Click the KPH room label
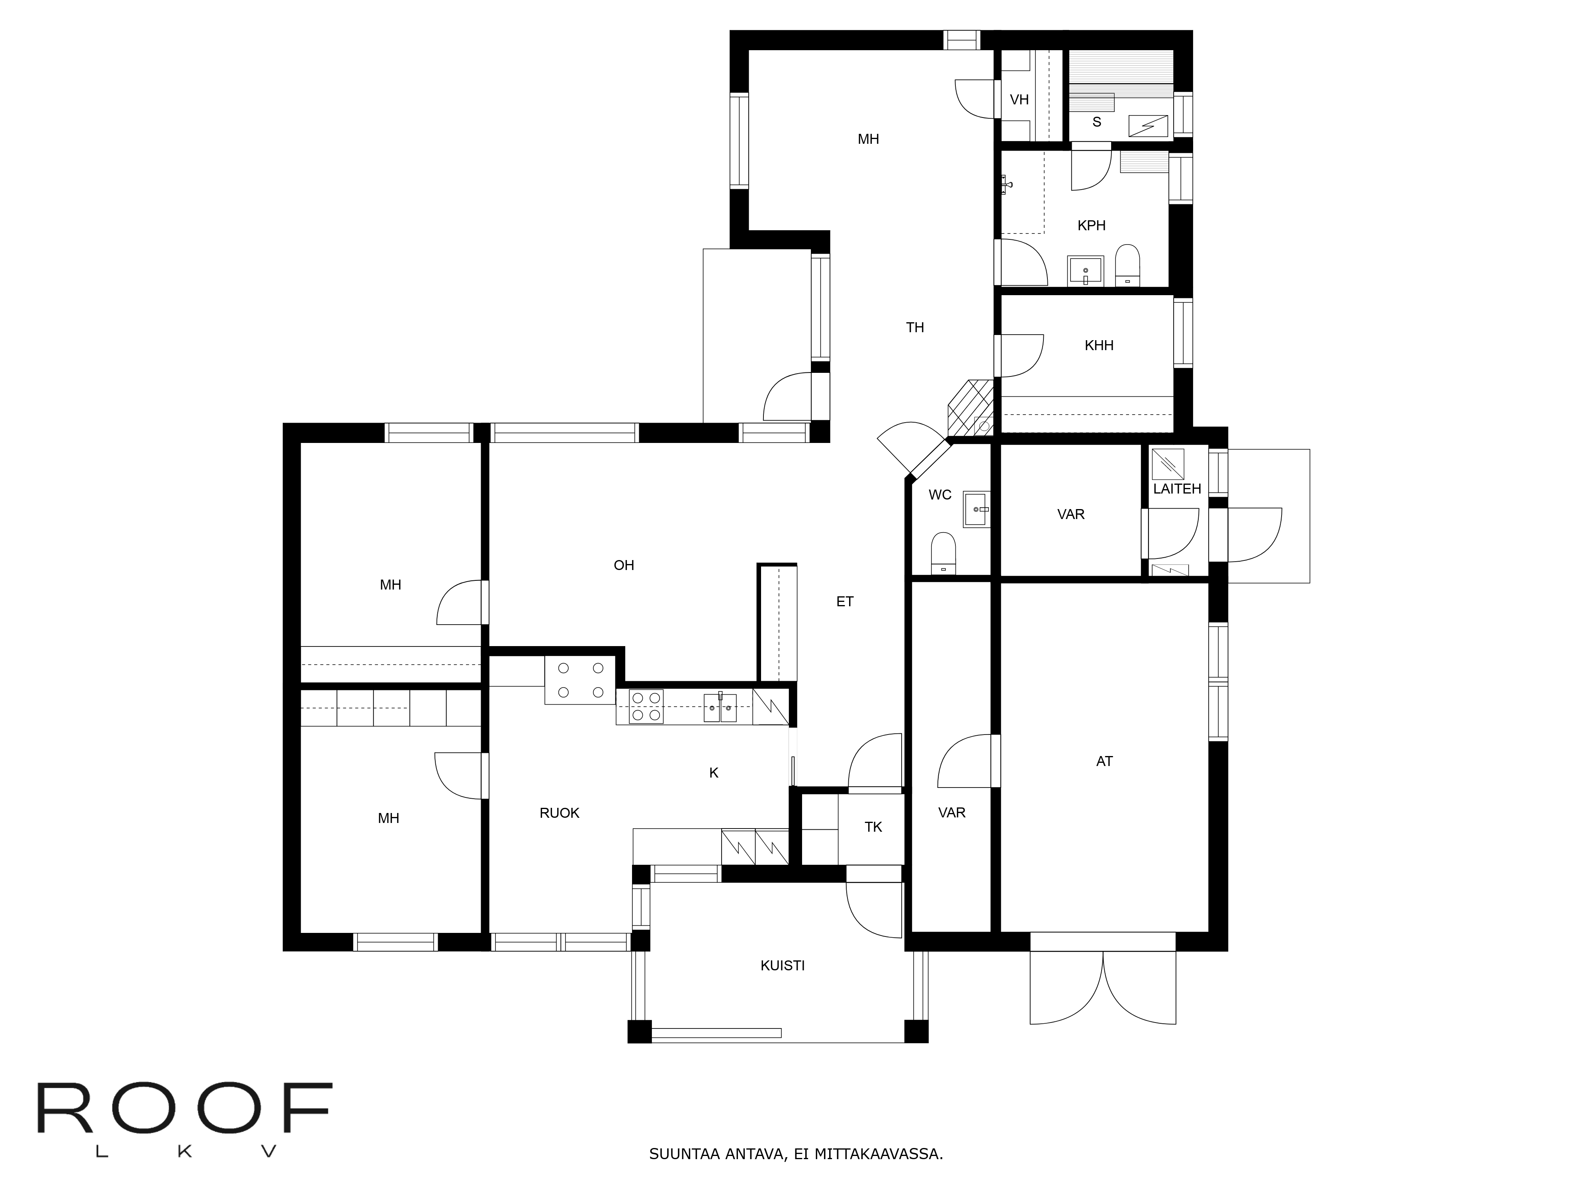click(x=1091, y=225)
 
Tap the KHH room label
click(x=1099, y=346)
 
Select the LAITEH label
click(x=1177, y=488)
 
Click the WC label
click(x=940, y=495)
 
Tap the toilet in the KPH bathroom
click(x=1127, y=265)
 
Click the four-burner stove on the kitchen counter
click(x=646, y=707)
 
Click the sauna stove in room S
click(x=1148, y=126)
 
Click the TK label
click(x=873, y=827)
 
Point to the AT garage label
click(x=1104, y=761)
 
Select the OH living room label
click(x=624, y=566)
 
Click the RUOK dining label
click(x=560, y=813)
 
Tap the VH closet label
click(x=1019, y=100)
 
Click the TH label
click(x=915, y=328)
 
